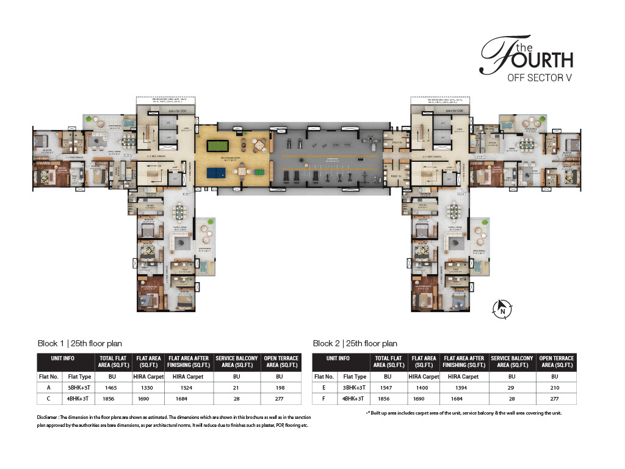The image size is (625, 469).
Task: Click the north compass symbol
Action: pyautogui.click(x=502, y=308)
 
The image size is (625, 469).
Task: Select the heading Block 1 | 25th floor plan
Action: pyautogui.click(x=80, y=344)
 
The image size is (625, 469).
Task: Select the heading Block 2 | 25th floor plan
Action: pyautogui.click(x=355, y=344)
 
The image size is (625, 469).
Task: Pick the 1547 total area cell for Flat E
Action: pyautogui.click(x=388, y=387)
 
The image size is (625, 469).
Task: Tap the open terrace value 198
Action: pyautogui.click(x=281, y=387)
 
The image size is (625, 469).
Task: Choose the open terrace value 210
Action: pyautogui.click(x=555, y=387)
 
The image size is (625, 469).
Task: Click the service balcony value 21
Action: pyautogui.click(x=237, y=387)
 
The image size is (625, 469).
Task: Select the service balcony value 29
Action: pyautogui.click(x=511, y=387)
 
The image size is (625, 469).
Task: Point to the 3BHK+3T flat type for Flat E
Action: pyautogui.click(x=354, y=387)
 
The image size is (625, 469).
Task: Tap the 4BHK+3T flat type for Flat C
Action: pyautogui.click(x=78, y=398)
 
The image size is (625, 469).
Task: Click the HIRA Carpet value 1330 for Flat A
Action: pyautogui.click(x=148, y=387)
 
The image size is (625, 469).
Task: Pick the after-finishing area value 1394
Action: pyautogui.click(x=463, y=387)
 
